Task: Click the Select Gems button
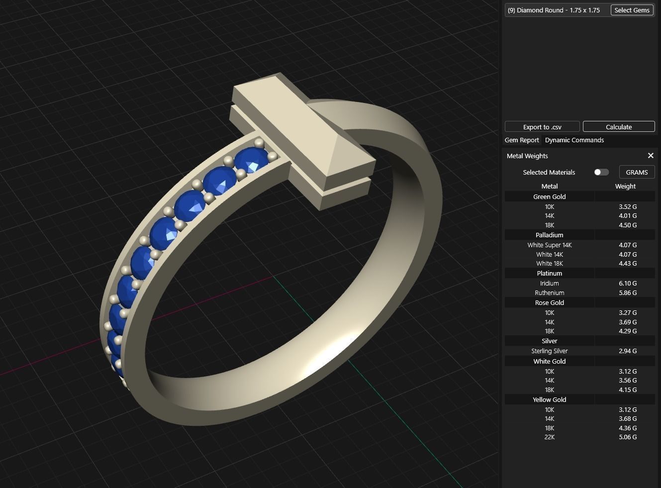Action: (x=632, y=10)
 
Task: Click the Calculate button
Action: (x=619, y=127)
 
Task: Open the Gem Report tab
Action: (x=522, y=140)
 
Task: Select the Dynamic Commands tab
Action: (x=574, y=140)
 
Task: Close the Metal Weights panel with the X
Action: (x=651, y=156)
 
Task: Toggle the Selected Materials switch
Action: (x=601, y=172)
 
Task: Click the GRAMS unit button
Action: (x=637, y=172)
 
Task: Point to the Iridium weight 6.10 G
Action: (x=628, y=283)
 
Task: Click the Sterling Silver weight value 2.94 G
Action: (x=628, y=351)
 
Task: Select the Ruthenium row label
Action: (x=549, y=293)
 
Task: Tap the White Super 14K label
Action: (x=549, y=245)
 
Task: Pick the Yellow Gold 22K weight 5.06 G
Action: (x=628, y=437)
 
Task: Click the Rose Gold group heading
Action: (x=549, y=302)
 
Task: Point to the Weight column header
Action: (x=625, y=186)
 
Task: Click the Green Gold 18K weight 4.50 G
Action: (x=628, y=225)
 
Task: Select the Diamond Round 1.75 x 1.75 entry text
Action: (x=554, y=10)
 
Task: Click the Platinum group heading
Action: (x=549, y=273)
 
